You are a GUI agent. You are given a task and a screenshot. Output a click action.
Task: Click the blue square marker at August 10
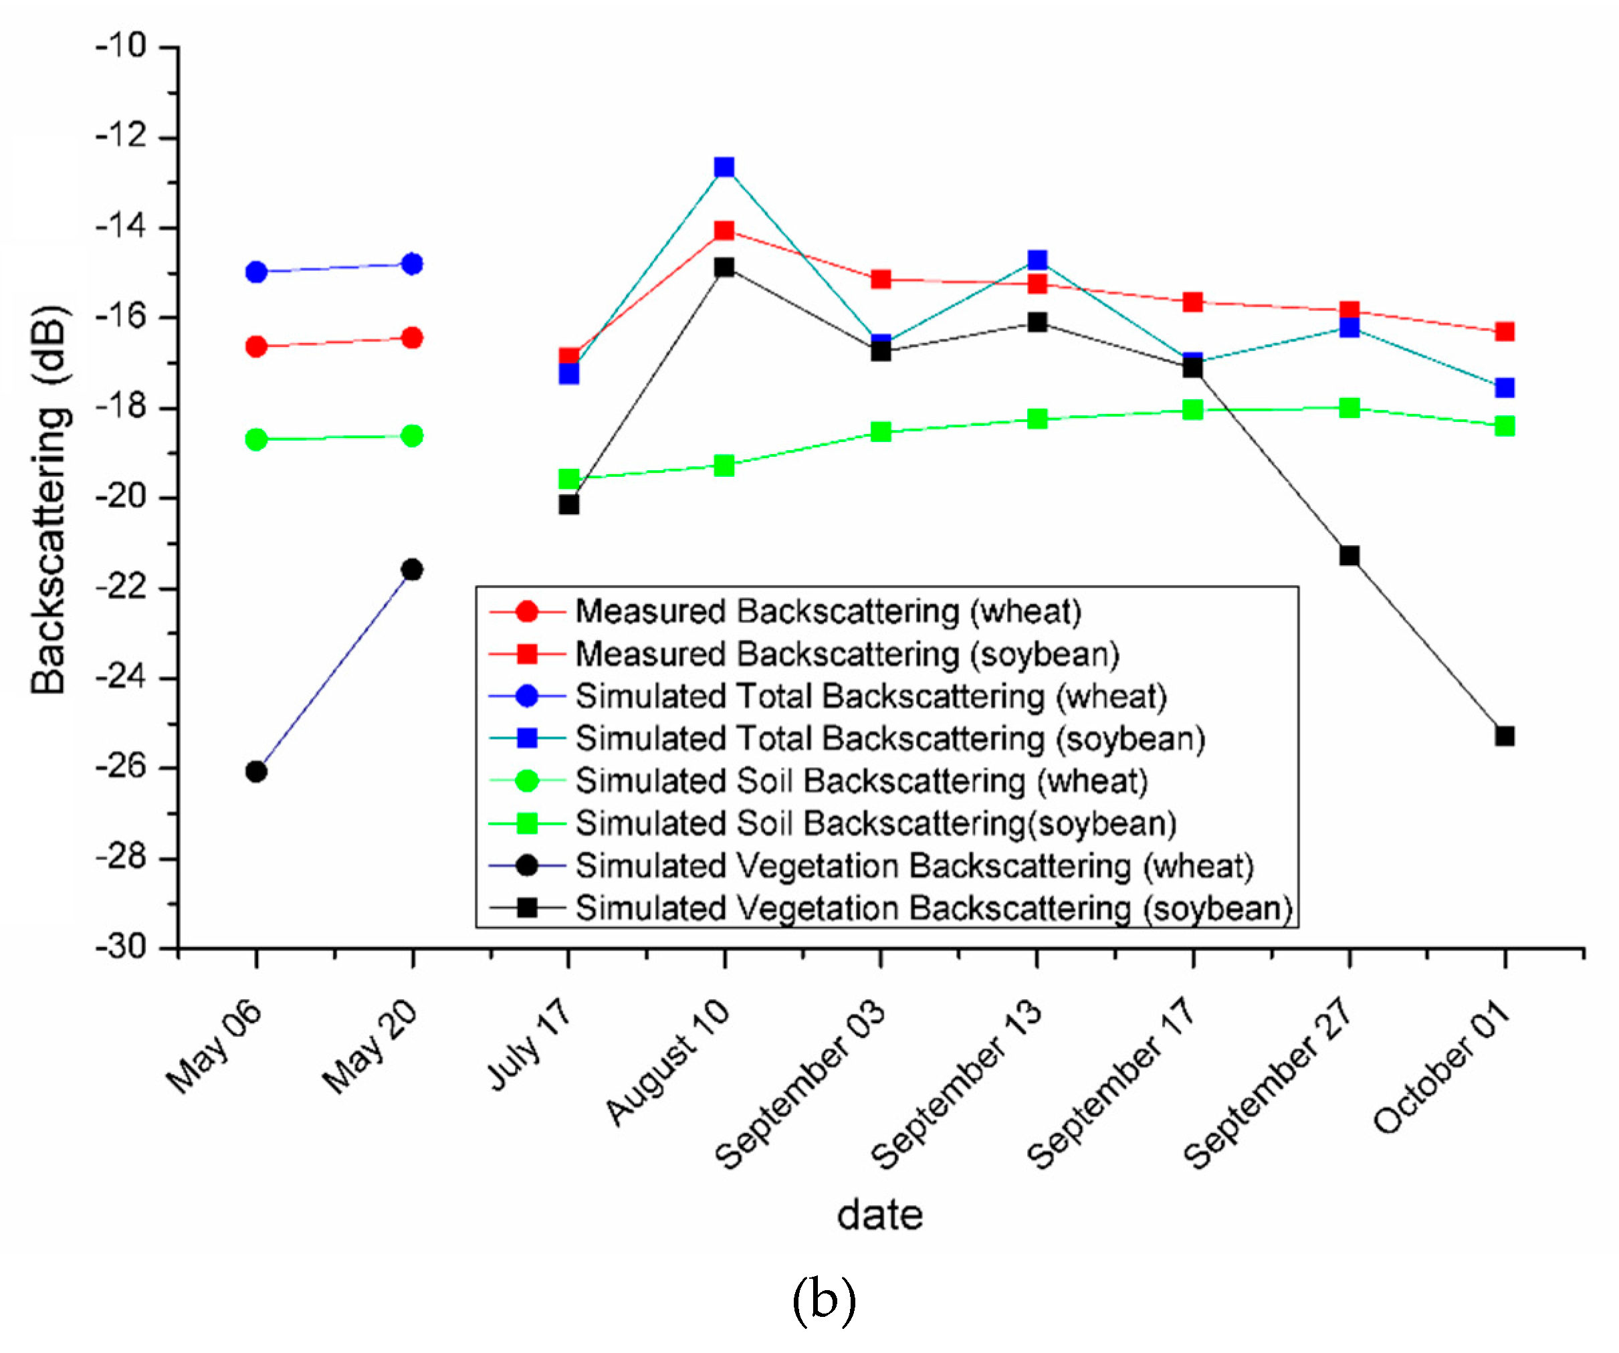(x=724, y=167)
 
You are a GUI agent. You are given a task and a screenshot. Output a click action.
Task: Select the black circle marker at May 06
(x=256, y=771)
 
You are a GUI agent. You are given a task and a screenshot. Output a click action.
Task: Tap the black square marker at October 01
(x=1505, y=736)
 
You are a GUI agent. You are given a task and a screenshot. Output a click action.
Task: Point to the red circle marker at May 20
(x=413, y=338)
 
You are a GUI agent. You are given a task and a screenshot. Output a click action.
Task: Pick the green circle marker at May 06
(x=256, y=440)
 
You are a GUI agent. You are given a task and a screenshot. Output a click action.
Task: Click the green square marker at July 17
(x=569, y=479)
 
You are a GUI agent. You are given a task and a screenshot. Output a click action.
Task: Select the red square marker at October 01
(x=1505, y=332)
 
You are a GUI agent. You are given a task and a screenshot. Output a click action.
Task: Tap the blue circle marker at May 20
(x=413, y=264)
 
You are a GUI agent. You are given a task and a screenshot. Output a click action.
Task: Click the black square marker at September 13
(x=1038, y=322)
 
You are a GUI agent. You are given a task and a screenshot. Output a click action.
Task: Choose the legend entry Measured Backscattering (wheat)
(x=828, y=611)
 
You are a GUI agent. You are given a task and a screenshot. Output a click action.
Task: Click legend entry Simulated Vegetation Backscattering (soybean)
(x=934, y=908)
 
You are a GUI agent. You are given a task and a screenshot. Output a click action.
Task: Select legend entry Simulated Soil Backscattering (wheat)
(x=861, y=781)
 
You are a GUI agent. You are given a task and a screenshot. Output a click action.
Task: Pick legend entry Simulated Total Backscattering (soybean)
(x=889, y=738)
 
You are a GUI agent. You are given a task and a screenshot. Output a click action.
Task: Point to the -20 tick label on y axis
(x=121, y=497)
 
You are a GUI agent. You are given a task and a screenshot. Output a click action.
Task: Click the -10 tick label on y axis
(x=121, y=46)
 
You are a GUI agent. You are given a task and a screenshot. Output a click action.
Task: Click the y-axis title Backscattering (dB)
(x=49, y=500)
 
